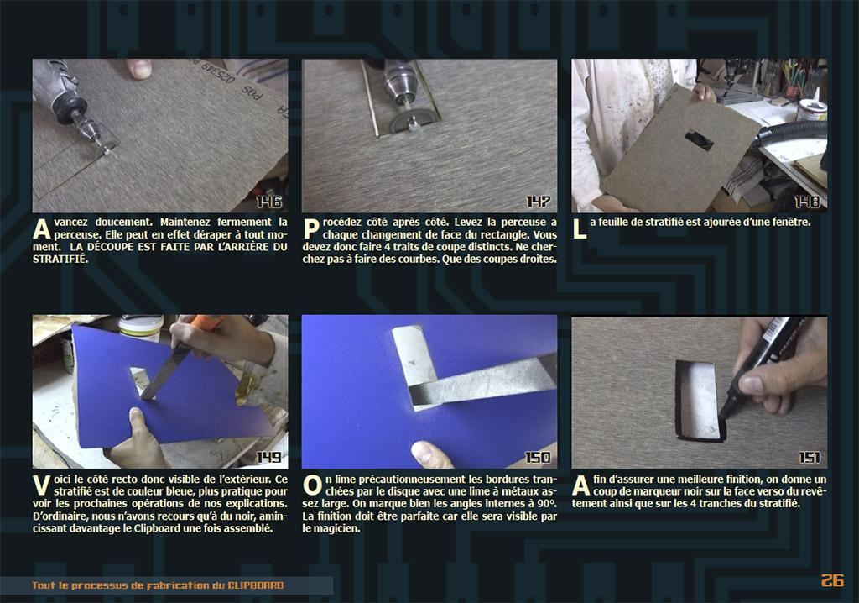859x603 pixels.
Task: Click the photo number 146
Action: pyautogui.click(x=268, y=202)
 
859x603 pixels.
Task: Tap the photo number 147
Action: pyautogui.click(x=538, y=202)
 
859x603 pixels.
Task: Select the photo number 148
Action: pyautogui.click(x=808, y=202)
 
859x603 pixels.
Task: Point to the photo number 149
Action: pyautogui.click(x=268, y=457)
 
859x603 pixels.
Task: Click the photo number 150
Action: pyautogui.click(x=538, y=457)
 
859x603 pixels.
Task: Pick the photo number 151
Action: pyautogui.click(x=810, y=457)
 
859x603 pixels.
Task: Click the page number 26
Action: pyautogui.click(x=832, y=580)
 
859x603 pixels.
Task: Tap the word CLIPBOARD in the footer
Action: pyautogui.click(x=256, y=585)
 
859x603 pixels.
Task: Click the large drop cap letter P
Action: pyautogui.click(x=310, y=228)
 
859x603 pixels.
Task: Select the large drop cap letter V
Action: pyautogui.click(x=42, y=486)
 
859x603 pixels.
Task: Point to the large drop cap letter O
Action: pyautogui.click(x=312, y=486)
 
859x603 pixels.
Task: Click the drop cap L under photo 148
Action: pyautogui.click(x=579, y=228)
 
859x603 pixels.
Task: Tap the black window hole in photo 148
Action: pyautogui.click(x=699, y=140)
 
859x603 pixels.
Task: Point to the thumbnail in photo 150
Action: pyautogui.click(x=428, y=452)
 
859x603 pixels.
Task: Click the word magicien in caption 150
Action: pyautogui.click(x=331, y=529)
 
